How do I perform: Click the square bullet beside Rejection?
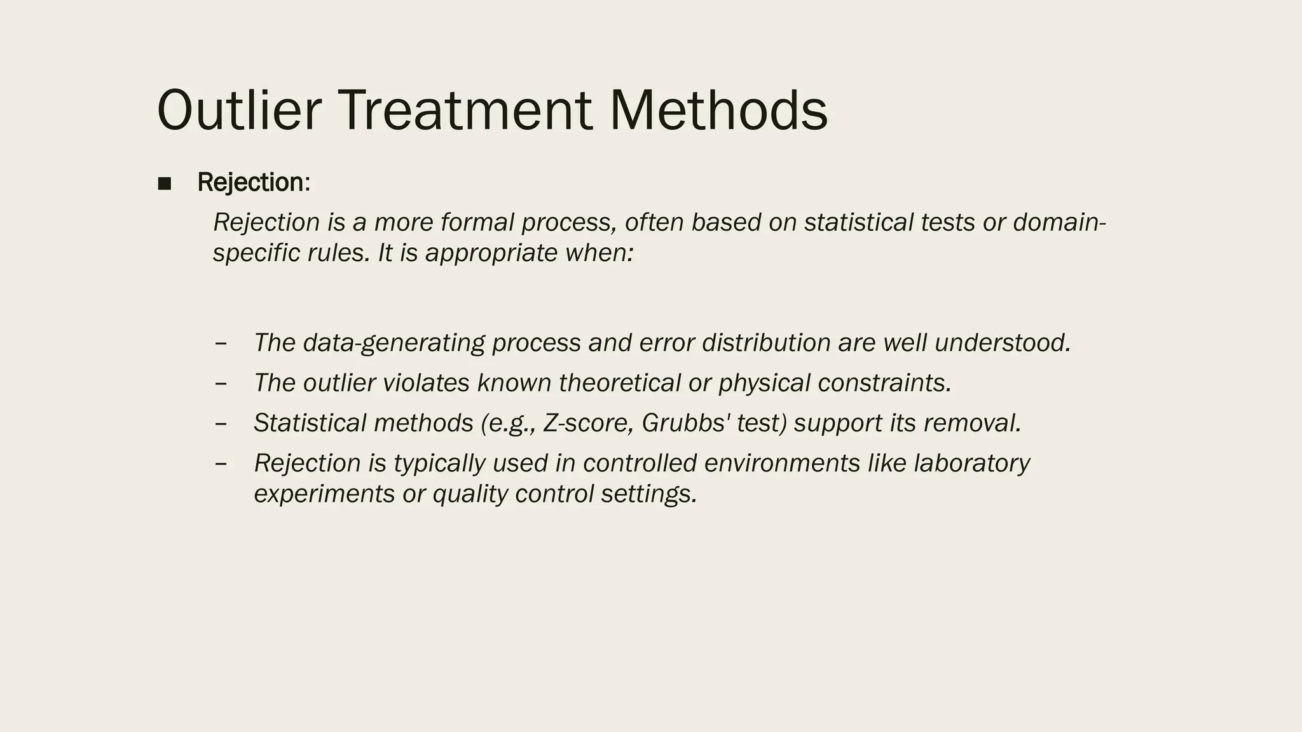[x=165, y=184]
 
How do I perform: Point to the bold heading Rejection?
[x=254, y=182]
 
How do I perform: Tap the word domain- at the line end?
[x=1059, y=222]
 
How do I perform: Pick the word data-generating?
[x=394, y=343]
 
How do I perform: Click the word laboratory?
[x=971, y=463]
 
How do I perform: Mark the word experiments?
[x=324, y=494]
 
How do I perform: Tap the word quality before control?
[x=470, y=494]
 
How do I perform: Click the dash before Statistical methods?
[x=221, y=423]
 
